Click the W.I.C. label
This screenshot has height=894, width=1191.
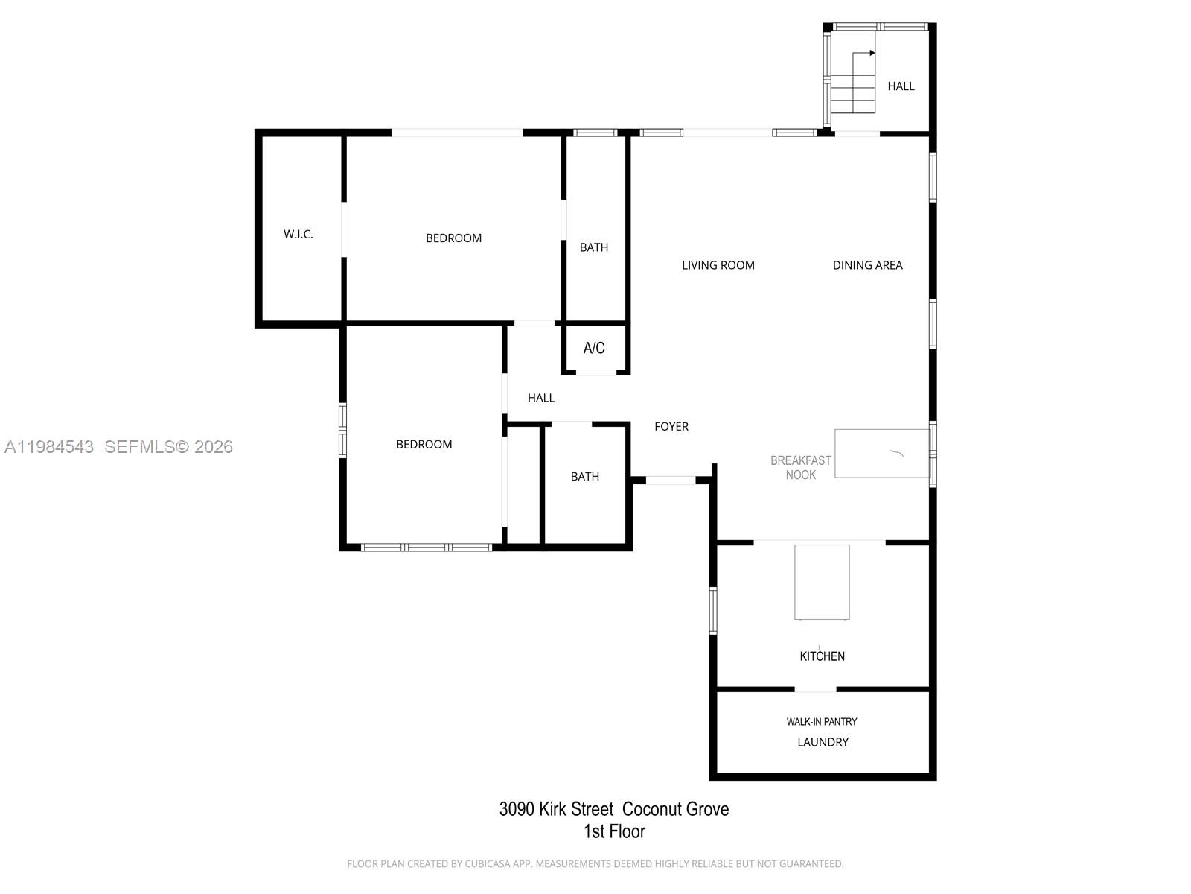[x=298, y=235]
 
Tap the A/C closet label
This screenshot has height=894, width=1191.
[x=593, y=348]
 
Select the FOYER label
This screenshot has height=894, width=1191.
[x=671, y=427]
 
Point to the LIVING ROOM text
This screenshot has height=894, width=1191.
[x=718, y=265]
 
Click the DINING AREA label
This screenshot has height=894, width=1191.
[x=868, y=265]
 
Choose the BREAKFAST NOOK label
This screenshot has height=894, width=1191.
[x=801, y=467]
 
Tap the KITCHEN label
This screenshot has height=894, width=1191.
[x=822, y=656]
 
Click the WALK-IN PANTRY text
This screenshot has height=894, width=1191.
[x=822, y=721]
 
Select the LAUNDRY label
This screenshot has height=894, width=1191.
[x=823, y=742]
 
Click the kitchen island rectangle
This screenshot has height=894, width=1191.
[x=822, y=582]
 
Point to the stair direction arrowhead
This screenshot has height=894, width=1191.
[x=872, y=53]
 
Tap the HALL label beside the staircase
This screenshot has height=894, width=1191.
[x=901, y=86]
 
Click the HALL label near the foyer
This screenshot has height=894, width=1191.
[x=541, y=398]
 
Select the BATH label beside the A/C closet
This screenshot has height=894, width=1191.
[x=593, y=247]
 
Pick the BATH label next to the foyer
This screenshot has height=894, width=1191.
[x=585, y=477]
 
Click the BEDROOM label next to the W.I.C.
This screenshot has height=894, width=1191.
[x=453, y=238]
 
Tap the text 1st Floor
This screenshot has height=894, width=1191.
[x=614, y=831]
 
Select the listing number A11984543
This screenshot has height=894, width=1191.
[x=49, y=447]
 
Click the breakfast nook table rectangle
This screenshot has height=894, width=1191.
[x=882, y=454]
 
